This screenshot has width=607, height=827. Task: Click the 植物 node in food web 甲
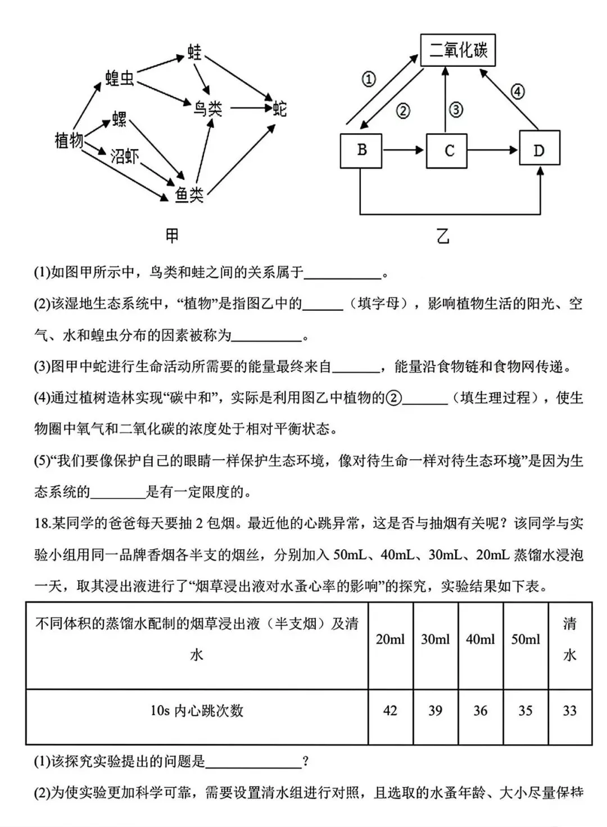point(69,139)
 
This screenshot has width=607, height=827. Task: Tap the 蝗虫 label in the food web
point(120,78)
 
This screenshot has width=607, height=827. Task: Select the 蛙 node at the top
point(194,53)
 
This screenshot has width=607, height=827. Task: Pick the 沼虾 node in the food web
point(124,156)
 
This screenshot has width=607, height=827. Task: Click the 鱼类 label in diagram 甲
point(189,195)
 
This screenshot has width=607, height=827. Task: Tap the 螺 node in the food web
point(120,119)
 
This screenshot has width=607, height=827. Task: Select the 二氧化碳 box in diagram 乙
point(458,50)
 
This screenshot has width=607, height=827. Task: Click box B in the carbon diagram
point(361,150)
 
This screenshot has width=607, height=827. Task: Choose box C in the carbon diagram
point(447,151)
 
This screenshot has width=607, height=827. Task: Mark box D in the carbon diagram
point(539,149)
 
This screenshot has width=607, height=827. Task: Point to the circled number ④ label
point(518,91)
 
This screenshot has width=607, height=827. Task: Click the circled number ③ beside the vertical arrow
point(456,109)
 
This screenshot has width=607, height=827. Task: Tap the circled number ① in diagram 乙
point(369,79)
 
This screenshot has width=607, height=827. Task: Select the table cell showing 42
point(390,711)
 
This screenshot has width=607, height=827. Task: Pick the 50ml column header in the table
point(526,639)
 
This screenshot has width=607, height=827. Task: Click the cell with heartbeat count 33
point(570,711)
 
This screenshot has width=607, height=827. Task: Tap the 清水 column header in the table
point(570,639)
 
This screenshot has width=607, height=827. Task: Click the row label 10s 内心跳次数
point(197,711)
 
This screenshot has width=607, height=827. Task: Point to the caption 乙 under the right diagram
point(443,237)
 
